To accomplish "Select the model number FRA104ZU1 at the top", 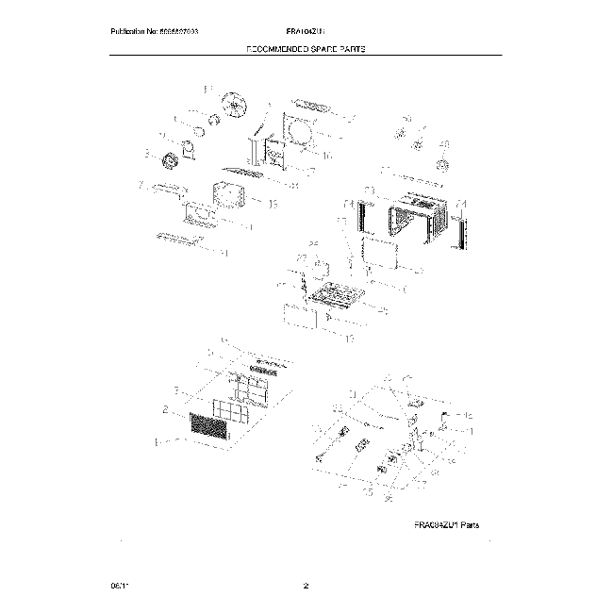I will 305,33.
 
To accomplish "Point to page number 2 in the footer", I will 306,587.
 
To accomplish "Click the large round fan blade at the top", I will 232,105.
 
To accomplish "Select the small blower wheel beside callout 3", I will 172,161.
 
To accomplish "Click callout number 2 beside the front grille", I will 165,410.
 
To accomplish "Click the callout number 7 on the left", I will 141,186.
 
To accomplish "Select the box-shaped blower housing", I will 229,195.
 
